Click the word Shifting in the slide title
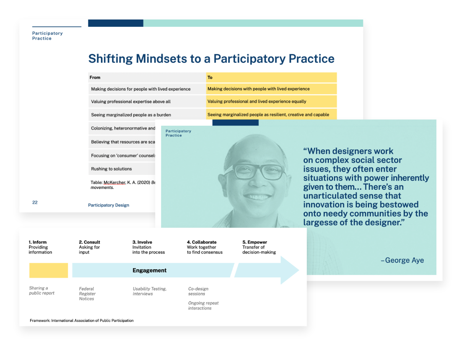point(111,59)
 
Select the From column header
point(95,77)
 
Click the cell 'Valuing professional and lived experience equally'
point(257,101)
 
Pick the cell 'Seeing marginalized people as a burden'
point(131,114)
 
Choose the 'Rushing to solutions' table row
point(111,169)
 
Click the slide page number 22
point(35,202)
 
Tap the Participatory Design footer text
point(109,205)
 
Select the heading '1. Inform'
point(37,242)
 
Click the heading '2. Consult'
point(89,242)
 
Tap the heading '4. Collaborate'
point(202,242)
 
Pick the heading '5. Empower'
point(255,242)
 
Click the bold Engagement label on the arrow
point(150,270)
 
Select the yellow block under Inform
point(49,270)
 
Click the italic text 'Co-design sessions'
point(198,291)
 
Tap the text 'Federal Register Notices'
point(87,294)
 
